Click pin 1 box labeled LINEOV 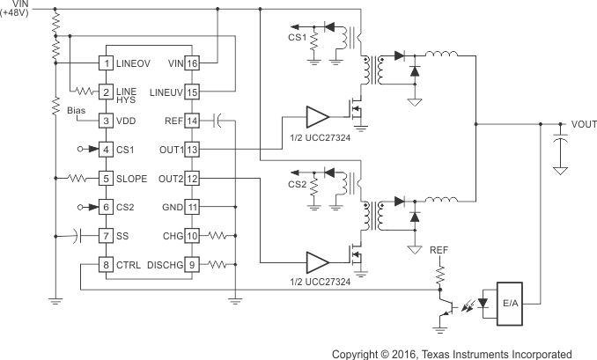[106, 63]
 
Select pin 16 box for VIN [191, 63]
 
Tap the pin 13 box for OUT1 [191, 150]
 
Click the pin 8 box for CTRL [106, 264]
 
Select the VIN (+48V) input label [18, 9]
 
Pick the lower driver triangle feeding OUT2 [316, 263]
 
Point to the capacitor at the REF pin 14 [218, 121]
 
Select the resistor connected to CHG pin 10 [221, 236]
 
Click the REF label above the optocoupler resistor [439, 249]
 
